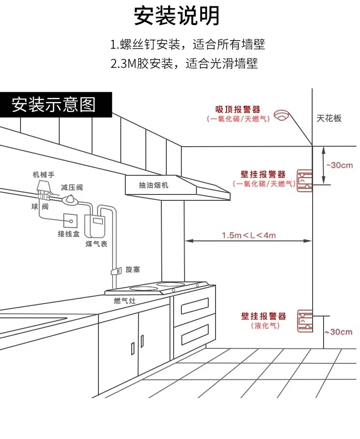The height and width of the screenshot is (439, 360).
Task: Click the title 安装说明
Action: click(x=177, y=16)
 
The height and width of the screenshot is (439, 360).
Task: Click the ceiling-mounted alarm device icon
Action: click(x=282, y=116)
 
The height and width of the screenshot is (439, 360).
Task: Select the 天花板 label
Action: click(x=329, y=118)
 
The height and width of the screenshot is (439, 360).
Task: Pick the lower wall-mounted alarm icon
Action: click(x=305, y=321)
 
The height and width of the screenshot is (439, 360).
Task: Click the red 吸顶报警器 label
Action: click(x=238, y=110)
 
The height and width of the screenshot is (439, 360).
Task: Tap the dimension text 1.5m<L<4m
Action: click(x=249, y=235)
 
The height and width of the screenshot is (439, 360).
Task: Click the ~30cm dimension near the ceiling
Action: click(x=338, y=165)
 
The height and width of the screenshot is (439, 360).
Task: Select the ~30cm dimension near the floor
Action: click(x=338, y=332)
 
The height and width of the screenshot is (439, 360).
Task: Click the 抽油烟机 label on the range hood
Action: click(x=154, y=185)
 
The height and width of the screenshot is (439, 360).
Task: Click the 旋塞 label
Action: click(x=133, y=270)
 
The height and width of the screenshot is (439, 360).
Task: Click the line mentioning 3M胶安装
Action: click(x=184, y=63)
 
